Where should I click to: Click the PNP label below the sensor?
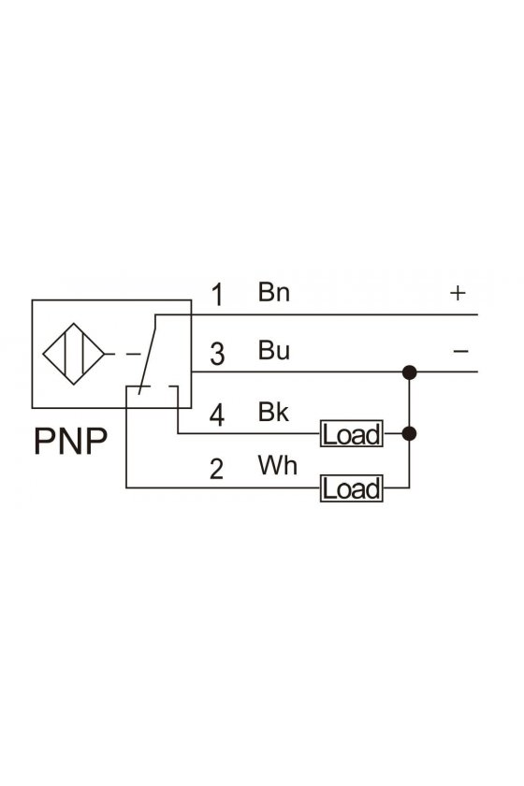pos(71,441)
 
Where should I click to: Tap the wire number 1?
pos(217,294)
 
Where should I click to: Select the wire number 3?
pos(217,354)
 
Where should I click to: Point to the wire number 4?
pos(217,415)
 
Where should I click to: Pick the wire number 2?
pos(217,469)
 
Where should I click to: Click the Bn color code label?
pos(274,291)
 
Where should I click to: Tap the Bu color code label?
pos(274,350)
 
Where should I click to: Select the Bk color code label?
pos(273,411)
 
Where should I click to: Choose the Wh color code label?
pos(277,465)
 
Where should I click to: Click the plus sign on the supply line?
pos(458,293)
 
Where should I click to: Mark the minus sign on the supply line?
pos(460,351)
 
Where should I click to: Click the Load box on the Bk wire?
pos(352,433)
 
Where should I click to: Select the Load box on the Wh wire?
pos(352,488)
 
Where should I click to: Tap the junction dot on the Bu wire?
pos(410,372)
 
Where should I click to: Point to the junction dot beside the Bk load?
pos(410,433)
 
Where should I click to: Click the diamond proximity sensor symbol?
pos(74,354)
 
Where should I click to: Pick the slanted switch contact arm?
pos(148,355)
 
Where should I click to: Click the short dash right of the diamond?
pos(134,355)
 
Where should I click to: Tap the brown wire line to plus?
pos(316,314)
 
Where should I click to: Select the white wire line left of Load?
pos(223,488)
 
